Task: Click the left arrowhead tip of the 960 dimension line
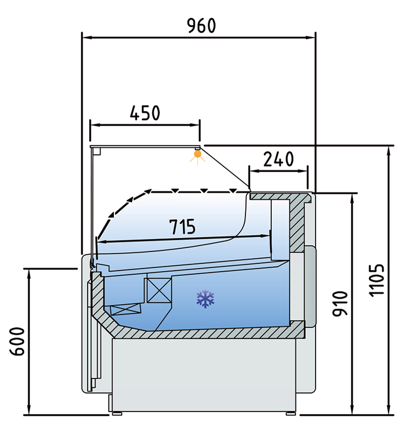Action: point(82,38)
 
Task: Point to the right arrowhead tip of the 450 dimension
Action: point(200,125)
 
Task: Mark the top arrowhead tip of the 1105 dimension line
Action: point(389,146)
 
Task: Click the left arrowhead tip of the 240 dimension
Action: point(250,171)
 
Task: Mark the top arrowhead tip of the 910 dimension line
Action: point(352,194)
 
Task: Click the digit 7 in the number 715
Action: point(174,226)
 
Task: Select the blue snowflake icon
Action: point(205,298)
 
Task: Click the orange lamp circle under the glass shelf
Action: point(197,154)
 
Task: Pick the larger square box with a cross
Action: point(159,290)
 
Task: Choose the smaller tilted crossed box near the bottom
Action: point(126,309)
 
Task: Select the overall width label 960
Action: point(202,26)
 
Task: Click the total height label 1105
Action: point(377,280)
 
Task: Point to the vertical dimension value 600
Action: point(18,341)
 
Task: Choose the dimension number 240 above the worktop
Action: point(278,159)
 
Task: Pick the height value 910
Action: point(340,304)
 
